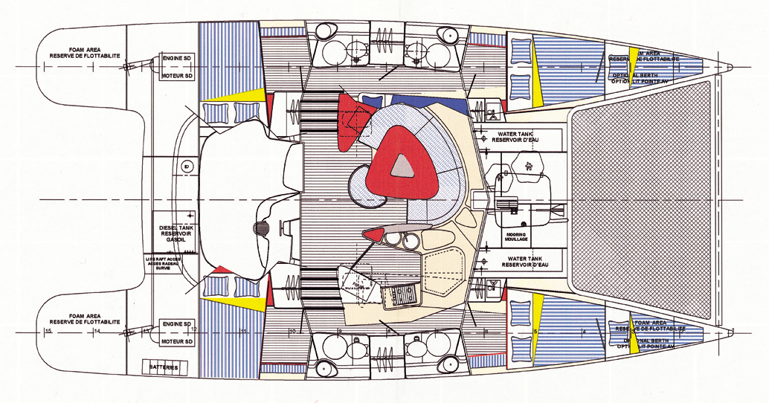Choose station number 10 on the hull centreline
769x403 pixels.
[x=292, y=331]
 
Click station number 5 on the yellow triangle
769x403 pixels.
[x=535, y=330]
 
